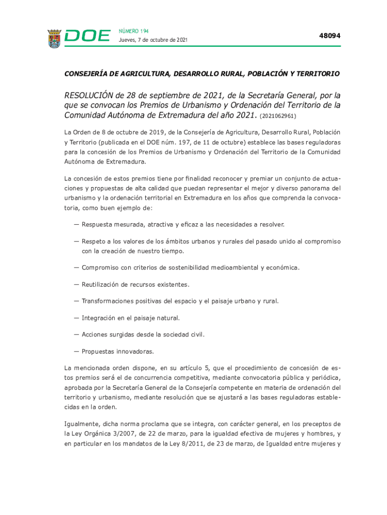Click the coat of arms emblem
[54, 38]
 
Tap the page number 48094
[330, 36]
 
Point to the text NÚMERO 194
[134, 31]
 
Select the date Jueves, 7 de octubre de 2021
[153, 40]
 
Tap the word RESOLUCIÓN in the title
[88, 96]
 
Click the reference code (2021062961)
[278, 116]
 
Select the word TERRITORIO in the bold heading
[315, 73]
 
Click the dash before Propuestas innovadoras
[76, 351]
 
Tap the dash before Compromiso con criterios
[76, 268]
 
